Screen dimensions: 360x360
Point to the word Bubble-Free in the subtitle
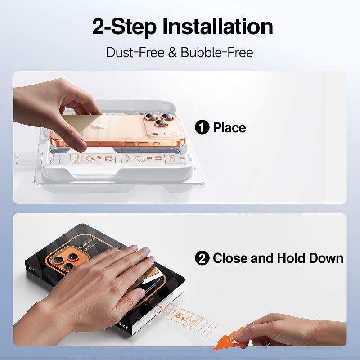click(x=217, y=52)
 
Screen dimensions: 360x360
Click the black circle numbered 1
click(x=202, y=128)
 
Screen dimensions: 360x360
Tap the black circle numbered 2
click(x=202, y=258)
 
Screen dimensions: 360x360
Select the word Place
click(x=229, y=128)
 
